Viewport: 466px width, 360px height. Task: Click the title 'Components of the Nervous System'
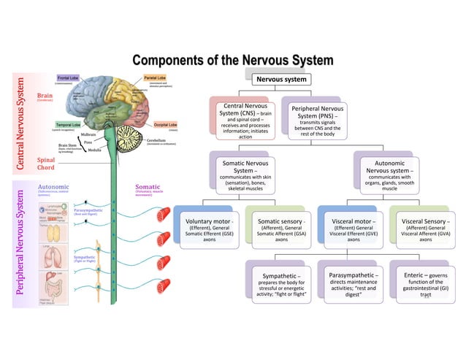point(232,60)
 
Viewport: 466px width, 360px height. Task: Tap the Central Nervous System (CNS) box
point(245,120)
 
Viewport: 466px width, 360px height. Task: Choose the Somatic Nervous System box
point(245,174)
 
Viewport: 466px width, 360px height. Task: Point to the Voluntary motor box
point(210,229)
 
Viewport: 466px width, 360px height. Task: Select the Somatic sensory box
point(281,229)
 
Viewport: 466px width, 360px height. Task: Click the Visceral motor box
point(353,229)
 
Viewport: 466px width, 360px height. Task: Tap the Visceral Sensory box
point(425,229)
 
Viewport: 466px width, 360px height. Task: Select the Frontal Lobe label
point(69,77)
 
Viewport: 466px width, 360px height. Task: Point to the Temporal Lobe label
point(68,125)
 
